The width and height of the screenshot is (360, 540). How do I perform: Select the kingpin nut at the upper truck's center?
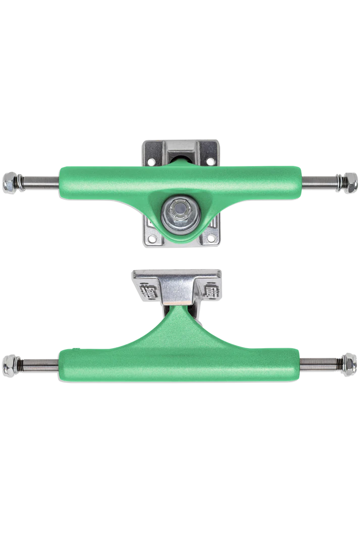pyautogui.click(x=180, y=208)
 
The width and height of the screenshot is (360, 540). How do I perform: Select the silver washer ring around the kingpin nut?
pyautogui.click(x=168, y=214)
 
